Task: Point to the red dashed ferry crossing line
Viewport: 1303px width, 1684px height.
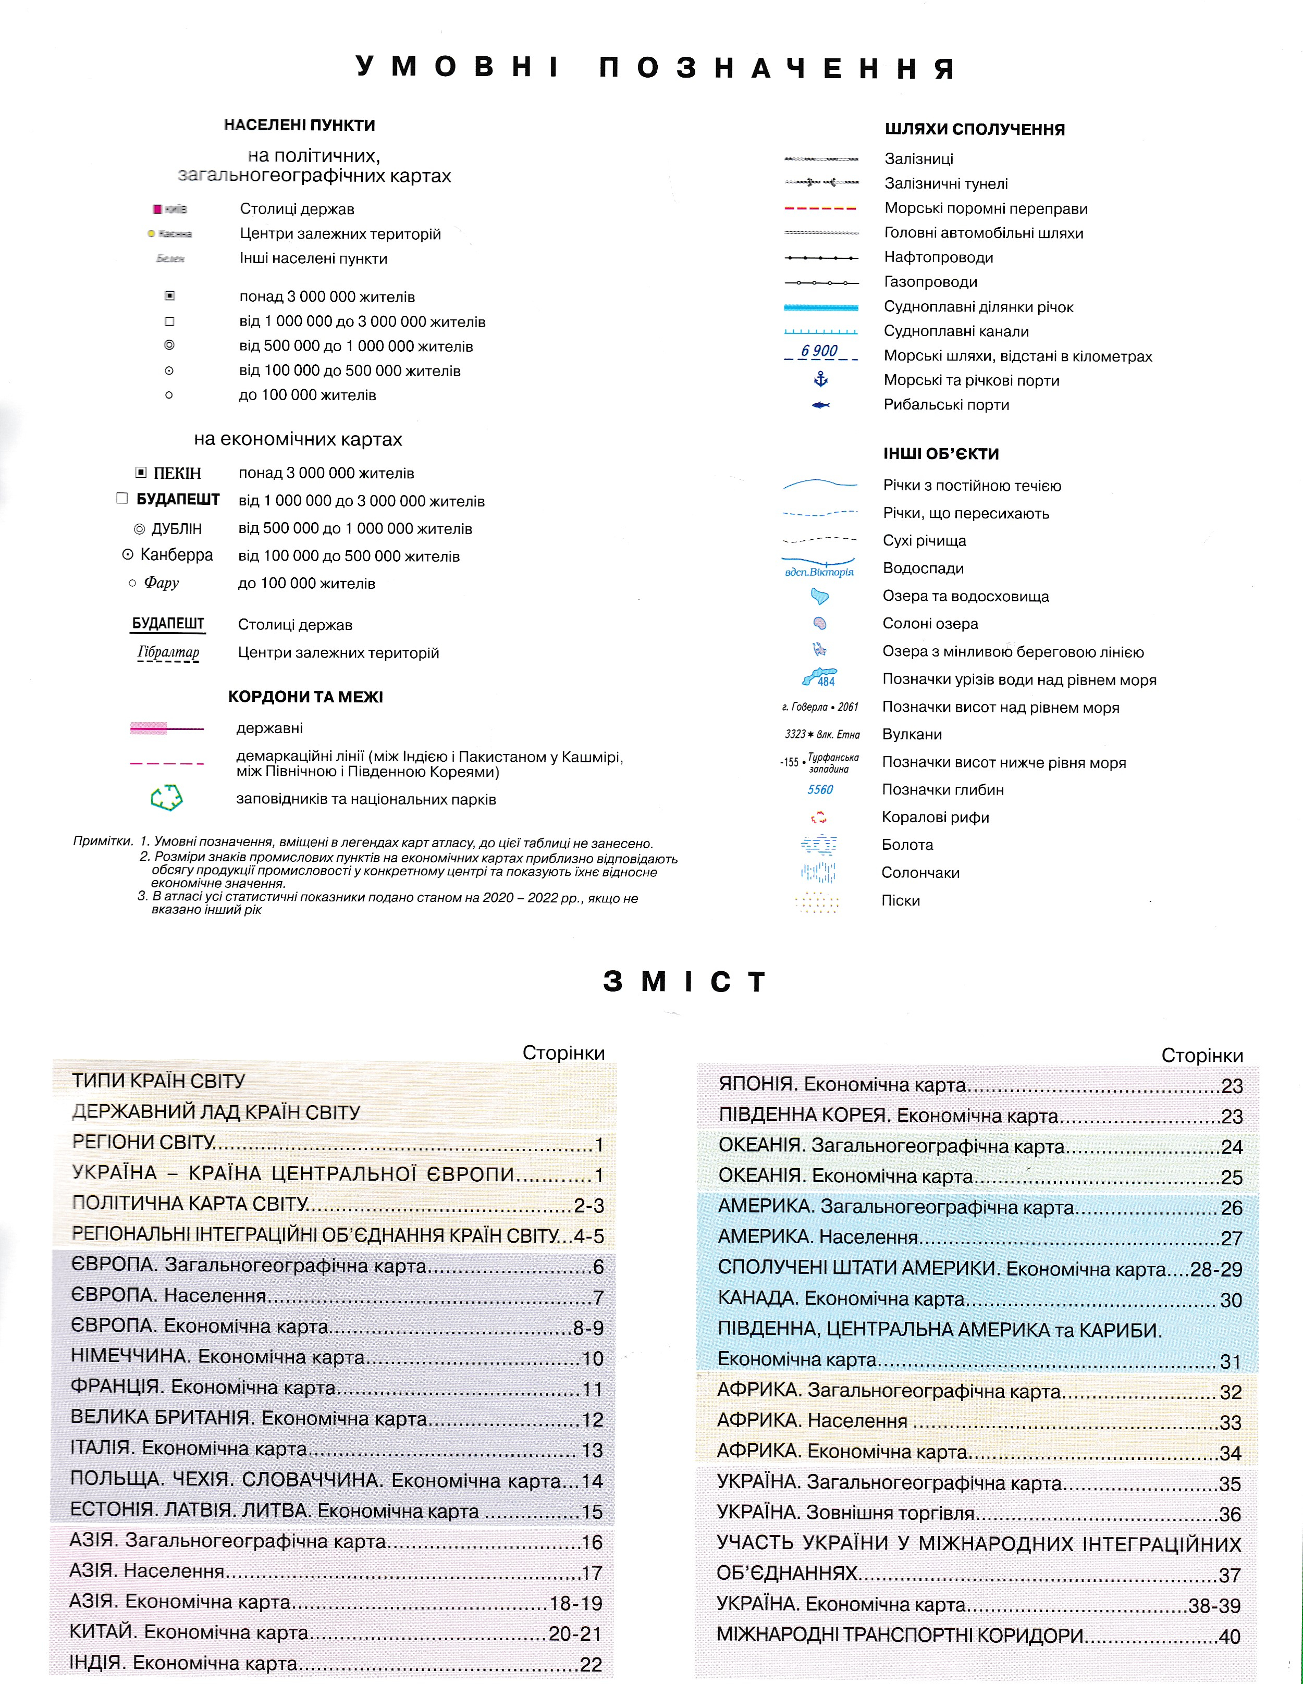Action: click(820, 208)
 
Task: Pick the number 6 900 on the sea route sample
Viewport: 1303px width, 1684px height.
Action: click(819, 351)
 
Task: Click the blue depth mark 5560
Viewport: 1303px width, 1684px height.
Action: click(820, 789)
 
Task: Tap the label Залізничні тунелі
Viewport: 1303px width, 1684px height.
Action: click(946, 183)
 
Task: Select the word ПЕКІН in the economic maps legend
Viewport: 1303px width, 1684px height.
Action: click(177, 474)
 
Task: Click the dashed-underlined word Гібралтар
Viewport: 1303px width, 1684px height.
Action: click(168, 652)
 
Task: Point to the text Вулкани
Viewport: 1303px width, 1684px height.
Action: click(912, 734)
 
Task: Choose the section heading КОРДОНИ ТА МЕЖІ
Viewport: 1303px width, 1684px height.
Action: click(305, 697)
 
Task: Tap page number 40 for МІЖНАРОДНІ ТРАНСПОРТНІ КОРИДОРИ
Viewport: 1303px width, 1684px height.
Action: click(1230, 1636)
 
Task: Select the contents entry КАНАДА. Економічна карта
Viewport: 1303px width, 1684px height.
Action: click(841, 1299)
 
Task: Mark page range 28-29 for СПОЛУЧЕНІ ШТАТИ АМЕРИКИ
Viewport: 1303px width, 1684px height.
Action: click(1216, 1269)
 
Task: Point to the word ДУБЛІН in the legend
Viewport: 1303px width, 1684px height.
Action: click(177, 529)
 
